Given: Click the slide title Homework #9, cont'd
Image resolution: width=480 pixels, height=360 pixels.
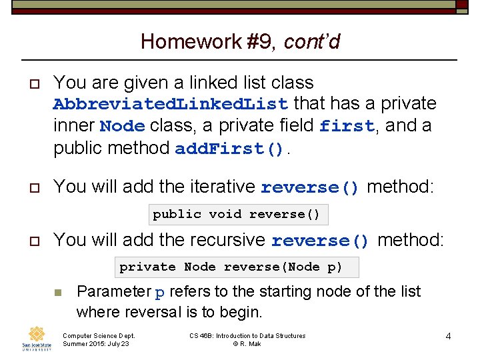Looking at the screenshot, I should [240, 42].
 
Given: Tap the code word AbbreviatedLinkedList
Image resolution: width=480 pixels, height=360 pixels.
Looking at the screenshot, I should [170, 105].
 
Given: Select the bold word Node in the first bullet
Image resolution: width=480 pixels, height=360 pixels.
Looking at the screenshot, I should [122, 127].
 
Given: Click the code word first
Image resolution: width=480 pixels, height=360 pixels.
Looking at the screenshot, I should [346, 127].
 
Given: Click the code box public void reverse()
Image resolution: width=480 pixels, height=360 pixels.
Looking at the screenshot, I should [237, 214].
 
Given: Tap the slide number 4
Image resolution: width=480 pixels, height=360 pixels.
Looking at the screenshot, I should [448, 336].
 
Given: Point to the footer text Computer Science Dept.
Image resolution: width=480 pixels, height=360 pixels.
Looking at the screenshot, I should [98, 335].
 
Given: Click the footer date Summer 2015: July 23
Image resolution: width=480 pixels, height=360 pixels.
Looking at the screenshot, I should [95, 343].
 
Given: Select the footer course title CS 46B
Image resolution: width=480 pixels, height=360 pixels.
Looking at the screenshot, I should [247, 335].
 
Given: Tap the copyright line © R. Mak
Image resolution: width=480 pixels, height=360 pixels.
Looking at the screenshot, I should [247, 343].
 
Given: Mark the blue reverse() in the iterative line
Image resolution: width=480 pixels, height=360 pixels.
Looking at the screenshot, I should [310, 187].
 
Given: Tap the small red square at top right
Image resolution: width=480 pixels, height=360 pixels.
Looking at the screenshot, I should [461, 5].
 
